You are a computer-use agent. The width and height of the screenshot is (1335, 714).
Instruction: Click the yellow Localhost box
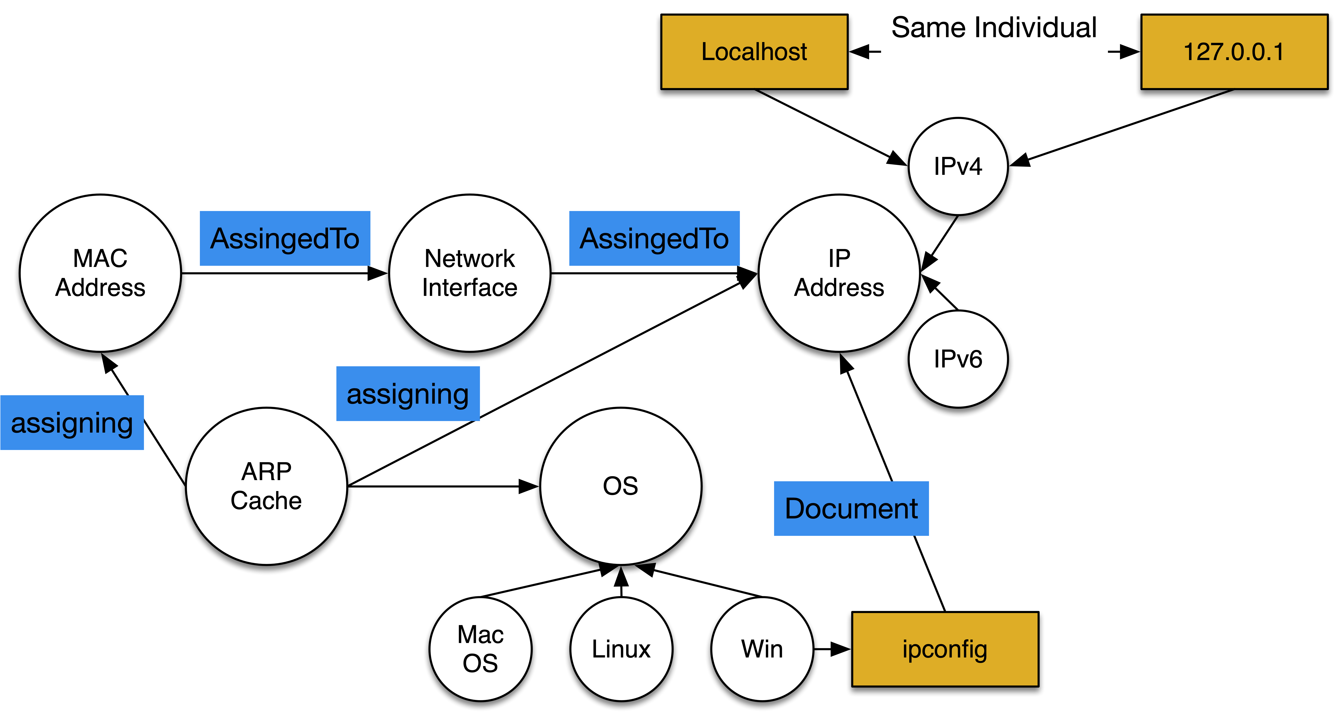pyautogui.click(x=754, y=52)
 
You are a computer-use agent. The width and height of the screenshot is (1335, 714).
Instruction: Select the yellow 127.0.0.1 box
pyautogui.click(x=1234, y=52)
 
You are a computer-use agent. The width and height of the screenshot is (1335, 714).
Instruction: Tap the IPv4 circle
pyautogui.click(x=958, y=166)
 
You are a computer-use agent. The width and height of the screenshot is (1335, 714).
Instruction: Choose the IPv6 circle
pyautogui.click(x=958, y=359)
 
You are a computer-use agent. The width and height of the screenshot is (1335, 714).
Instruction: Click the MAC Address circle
pyautogui.click(x=101, y=273)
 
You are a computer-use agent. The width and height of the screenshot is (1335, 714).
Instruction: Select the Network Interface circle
pyautogui.click(x=470, y=273)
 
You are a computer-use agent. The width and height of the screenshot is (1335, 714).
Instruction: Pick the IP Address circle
pyautogui.click(x=839, y=273)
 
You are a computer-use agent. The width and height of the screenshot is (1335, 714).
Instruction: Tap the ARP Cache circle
pyautogui.click(x=266, y=486)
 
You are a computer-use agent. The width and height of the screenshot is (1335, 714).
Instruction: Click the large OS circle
pyautogui.click(x=620, y=486)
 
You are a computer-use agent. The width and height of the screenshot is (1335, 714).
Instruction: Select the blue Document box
pyautogui.click(x=851, y=508)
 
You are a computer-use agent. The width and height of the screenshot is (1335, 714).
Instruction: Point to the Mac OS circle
pyautogui.click(x=480, y=649)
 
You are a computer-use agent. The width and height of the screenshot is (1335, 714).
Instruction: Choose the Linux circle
pyautogui.click(x=621, y=649)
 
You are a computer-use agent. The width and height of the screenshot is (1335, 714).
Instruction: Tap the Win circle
pyautogui.click(x=762, y=649)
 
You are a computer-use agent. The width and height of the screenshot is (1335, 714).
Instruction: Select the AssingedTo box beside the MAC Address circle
pyautogui.click(x=285, y=238)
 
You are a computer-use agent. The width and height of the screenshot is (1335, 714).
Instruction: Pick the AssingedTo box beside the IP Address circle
pyautogui.click(x=654, y=238)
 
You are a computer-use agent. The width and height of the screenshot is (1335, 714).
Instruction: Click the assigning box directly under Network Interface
pyautogui.click(x=408, y=394)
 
